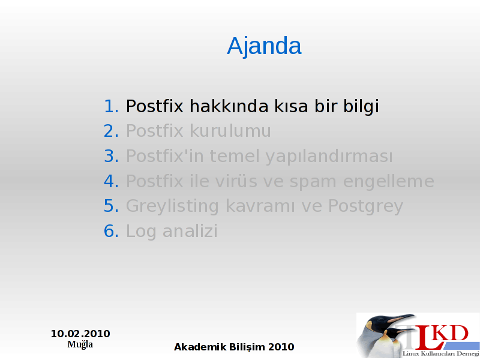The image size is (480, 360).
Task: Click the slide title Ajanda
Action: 264,46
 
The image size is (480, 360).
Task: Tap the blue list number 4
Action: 111,181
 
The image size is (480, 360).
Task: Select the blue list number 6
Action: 111,231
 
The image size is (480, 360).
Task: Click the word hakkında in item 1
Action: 229,106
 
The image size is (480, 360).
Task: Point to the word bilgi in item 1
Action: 361,107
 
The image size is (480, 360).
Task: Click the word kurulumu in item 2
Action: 230,131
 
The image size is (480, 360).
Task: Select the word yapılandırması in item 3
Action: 329,157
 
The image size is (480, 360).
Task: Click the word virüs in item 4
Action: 236,181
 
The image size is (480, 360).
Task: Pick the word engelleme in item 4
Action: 389,182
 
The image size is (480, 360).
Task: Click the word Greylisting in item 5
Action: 172,206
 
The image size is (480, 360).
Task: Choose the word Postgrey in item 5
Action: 365,206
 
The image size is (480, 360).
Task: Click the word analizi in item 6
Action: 190,231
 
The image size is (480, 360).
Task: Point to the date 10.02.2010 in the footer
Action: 80,334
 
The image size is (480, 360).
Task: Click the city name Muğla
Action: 80,344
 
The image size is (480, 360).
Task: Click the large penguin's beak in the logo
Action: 400,318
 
